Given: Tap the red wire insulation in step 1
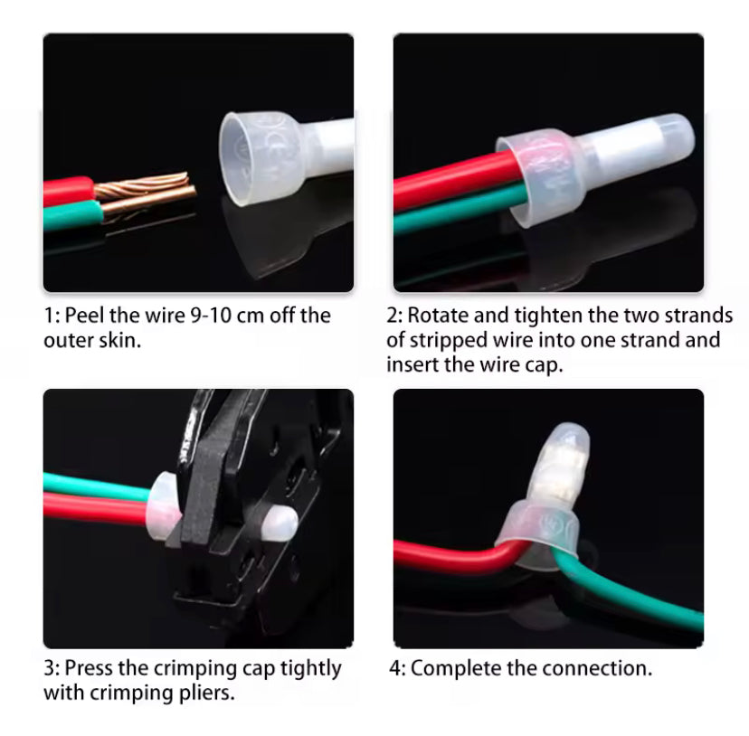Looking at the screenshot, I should tap(68, 191).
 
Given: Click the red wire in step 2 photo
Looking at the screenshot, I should tap(443, 180).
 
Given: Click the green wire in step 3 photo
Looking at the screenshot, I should tap(90, 486).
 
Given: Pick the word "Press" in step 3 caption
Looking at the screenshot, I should tap(91, 669).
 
